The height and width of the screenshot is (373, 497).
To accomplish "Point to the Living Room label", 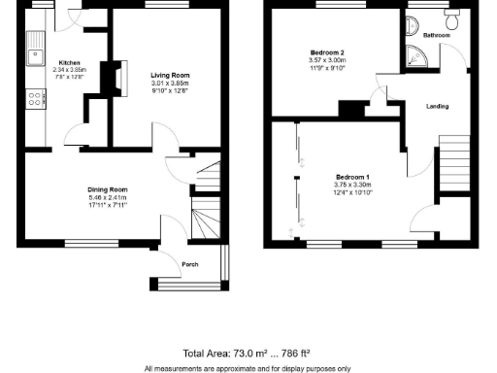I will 169,75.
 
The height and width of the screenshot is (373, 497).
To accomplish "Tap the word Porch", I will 191,263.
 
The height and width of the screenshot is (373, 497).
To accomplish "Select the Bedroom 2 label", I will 328,51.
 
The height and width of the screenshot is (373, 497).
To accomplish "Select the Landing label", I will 437,106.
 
